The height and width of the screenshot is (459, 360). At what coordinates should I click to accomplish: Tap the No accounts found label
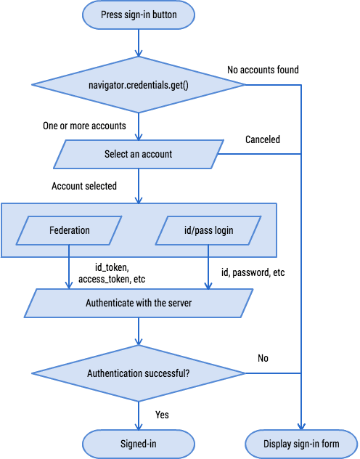click(x=263, y=70)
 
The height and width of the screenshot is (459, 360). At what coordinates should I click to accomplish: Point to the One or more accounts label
click(x=85, y=126)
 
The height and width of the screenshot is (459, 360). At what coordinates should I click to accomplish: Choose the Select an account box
click(x=139, y=154)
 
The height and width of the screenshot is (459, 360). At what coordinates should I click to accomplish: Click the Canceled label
click(x=263, y=139)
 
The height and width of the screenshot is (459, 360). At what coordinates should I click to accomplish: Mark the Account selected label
click(x=84, y=186)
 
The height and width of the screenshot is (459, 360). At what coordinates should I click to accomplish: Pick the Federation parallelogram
click(x=70, y=230)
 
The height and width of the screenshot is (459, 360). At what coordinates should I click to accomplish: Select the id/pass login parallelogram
click(x=208, y=230)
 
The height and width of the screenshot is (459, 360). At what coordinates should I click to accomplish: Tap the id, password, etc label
click(x=253, y=273)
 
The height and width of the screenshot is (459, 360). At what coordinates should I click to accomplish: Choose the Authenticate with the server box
click(x=139, y=302)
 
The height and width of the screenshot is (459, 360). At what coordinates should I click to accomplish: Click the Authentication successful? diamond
click(x=139, y=373)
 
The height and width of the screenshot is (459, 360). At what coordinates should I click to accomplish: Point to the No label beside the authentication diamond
click(x=263, y=358)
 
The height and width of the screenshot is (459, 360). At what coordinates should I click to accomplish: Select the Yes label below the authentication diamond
click(x=162, y=415)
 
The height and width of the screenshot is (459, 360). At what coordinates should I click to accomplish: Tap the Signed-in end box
click(x=139, y=442)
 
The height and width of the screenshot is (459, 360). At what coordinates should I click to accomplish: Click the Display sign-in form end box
click(x=301, y=442)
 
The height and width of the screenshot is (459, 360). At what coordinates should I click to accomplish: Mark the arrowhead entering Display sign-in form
click(x=301, y=426)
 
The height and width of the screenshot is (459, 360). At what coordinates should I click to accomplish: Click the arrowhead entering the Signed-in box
click(x=139, y=426)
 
